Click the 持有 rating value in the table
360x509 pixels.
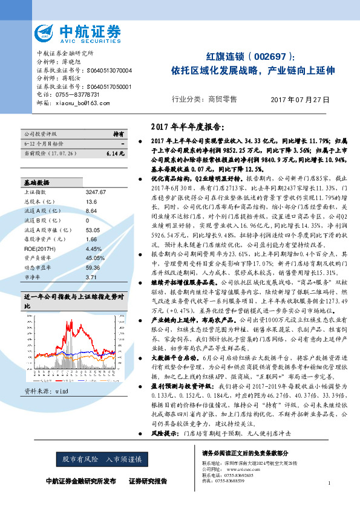pyautogui.click(x=119, y=133)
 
